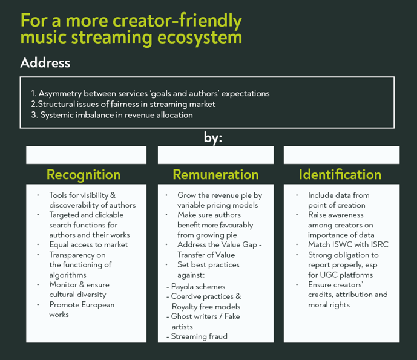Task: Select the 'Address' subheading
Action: (45, 63)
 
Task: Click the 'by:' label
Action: (213, 138)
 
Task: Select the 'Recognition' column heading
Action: (84, 175)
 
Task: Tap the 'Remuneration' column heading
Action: (215, 175)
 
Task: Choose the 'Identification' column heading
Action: (340, 175)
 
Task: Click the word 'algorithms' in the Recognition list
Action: (68, 275)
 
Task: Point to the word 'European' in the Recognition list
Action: (98, 305)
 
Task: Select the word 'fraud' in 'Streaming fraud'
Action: (218, 336)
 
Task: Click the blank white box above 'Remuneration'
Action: (215, 155)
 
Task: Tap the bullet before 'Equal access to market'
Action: (38, 244)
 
